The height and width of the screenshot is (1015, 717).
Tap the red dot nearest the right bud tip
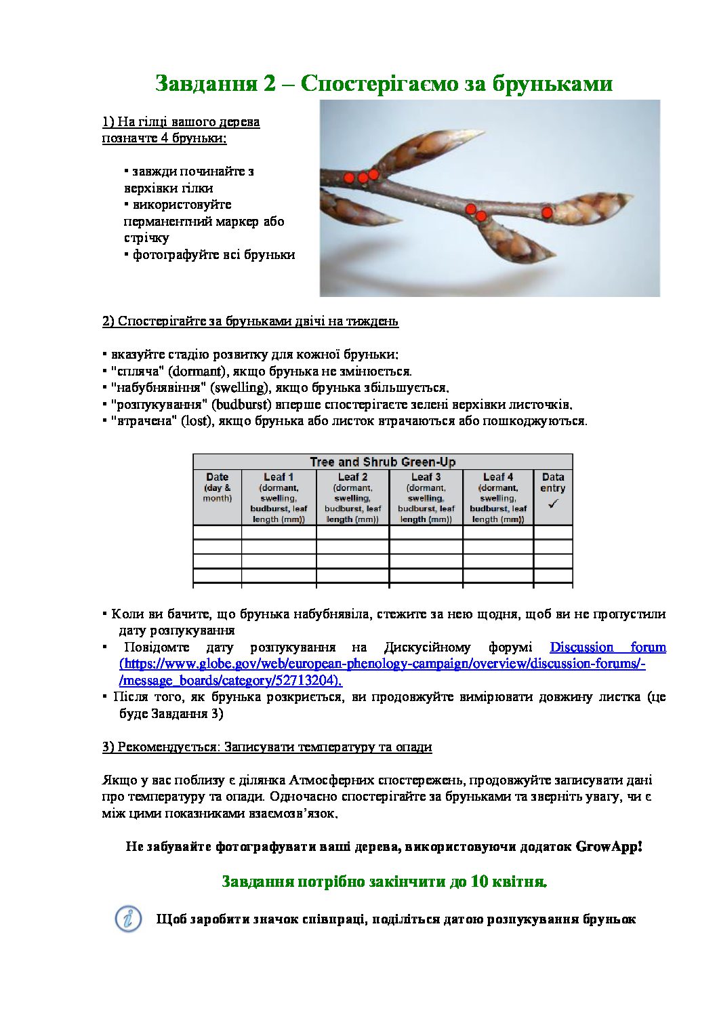pos(547,213)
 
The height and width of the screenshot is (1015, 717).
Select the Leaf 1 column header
pos(279,477)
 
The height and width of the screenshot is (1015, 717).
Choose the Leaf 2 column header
pos(352,477)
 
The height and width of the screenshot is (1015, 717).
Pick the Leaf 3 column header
pos(426,477)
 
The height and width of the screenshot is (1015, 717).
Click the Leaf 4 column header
pos(498,477)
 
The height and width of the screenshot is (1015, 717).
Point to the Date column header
pos(217,477)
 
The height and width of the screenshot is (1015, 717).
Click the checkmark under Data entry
pos(553,504)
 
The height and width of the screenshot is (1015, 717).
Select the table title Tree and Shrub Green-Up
pos(382,462)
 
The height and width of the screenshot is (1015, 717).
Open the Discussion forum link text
pos(607,648)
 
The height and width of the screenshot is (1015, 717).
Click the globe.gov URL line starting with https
pos(382,664)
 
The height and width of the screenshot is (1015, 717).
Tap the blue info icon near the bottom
pos(128,919)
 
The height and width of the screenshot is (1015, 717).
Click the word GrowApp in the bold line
pos(607,847)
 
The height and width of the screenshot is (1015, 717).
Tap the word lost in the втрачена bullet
pos(195,421)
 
